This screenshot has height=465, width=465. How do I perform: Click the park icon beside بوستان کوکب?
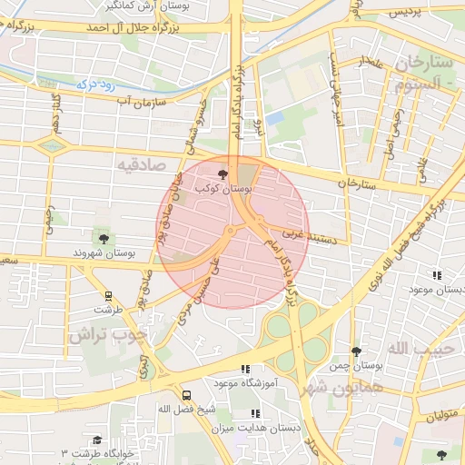click(223, 172)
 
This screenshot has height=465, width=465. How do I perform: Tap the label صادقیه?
click(137, 163)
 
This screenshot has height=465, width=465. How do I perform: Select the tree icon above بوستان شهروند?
click(104, 238)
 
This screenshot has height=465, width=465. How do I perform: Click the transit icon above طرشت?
click(108, 295)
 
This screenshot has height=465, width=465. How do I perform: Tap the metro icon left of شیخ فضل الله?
click(186, 395)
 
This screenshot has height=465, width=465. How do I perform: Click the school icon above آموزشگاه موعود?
click(243, 369)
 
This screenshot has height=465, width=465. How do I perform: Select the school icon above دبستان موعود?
click(437, 275)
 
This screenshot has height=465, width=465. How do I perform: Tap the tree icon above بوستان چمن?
click(355, 351)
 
